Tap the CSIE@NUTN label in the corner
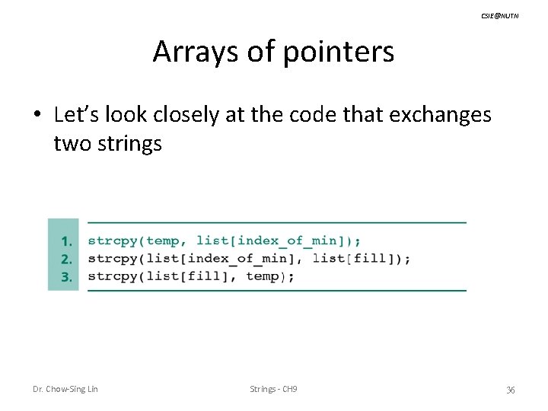[499, 15]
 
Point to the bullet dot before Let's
[37, 116]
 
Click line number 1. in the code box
[67, 241]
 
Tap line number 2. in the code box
[67, 259]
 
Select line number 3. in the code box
[67, 276]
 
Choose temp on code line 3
[263, 276]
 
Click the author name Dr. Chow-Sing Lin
[65, 389]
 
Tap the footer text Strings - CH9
[273, 389]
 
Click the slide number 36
[510, 390]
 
